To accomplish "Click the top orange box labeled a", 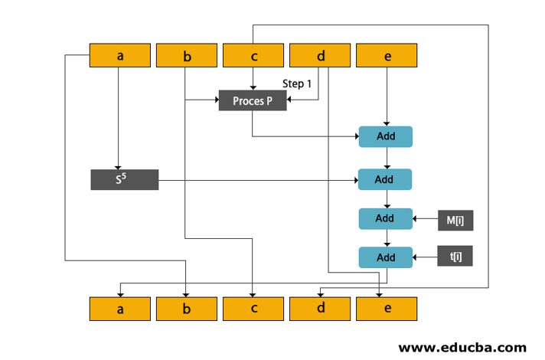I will [x=120, y=55].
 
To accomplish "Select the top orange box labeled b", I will [x=187, y=55].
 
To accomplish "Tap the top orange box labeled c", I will [x=253, y=55].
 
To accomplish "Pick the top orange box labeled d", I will [x=320, y=55].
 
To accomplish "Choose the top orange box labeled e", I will [x=387, y=55].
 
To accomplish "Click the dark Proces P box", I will [x=253, y=100].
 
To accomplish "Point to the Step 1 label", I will [x=297, y=84].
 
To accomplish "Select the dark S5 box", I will [x=124, y=180].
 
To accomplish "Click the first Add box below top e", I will [x=386, y=136].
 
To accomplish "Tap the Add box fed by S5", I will [x=386, y=179].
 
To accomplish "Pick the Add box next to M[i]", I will [x=386, y=218].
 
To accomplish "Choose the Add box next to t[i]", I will [x=386, y=257].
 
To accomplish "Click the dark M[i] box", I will [x=455, y=221].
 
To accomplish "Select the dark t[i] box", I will [x=455, y=256].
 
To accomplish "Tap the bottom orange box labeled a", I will [x=120, y=309].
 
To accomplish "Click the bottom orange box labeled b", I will [x=187, y=309].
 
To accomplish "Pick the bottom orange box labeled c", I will [x=253, y=309].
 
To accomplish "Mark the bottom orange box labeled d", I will [x=320, y=309].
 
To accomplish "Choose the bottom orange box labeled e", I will [x=387, y=309].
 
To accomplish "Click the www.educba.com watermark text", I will [x=462, y=346].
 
